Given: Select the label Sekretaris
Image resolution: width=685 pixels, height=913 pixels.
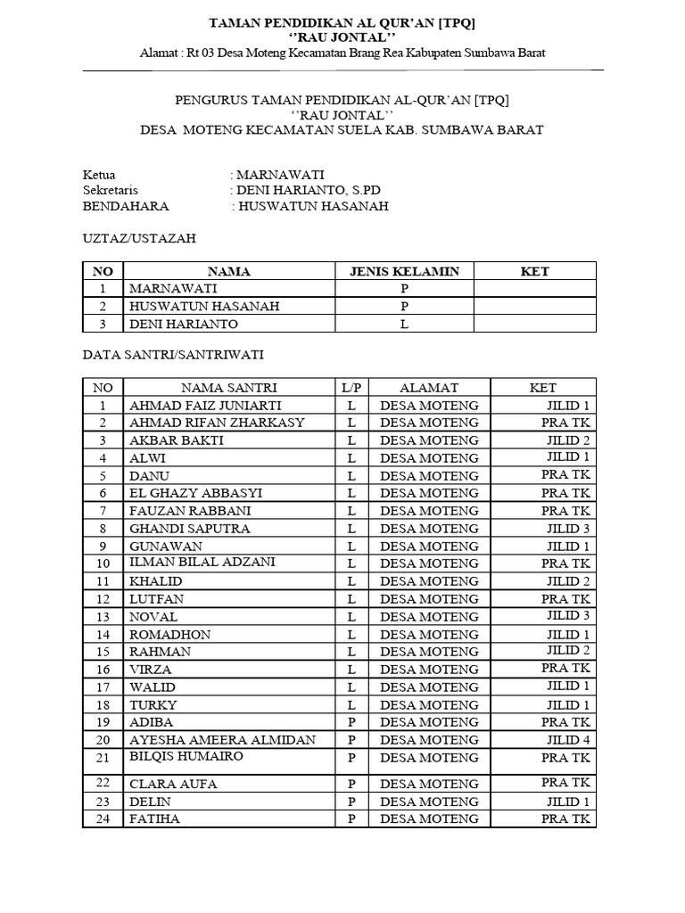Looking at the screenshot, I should (x=111, y=190).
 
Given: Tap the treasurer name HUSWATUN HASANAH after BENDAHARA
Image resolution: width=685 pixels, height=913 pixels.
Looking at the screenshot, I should (x=312, y=206).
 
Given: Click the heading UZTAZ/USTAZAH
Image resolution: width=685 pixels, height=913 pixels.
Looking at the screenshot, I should (x=139, y=238).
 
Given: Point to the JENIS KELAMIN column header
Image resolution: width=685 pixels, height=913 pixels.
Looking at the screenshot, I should (x=404, y=271).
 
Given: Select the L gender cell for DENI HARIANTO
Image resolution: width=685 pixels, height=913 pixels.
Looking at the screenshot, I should (x=404, y=324).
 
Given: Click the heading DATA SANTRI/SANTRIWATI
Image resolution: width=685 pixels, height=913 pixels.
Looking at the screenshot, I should (x=173, y=354).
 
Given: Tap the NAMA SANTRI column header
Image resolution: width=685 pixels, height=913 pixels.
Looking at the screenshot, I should (x=229, y=387).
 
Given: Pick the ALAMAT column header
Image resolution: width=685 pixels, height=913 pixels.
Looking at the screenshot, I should (x=429, y=387).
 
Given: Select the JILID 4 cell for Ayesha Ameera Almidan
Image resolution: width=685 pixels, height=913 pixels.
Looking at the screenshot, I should (x=568, y=739).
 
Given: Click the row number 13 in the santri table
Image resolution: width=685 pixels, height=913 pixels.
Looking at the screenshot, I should (x=103, y=616).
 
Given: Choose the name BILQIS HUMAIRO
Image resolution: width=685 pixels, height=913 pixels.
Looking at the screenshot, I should (x=186, y=756).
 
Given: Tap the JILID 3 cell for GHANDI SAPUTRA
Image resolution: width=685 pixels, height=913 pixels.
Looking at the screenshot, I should (x=568, y=528).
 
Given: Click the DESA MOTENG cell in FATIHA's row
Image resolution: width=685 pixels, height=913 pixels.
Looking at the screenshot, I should (x=429, y=818).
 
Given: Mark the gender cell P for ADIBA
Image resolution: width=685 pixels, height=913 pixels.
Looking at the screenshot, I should (x=351, y=721).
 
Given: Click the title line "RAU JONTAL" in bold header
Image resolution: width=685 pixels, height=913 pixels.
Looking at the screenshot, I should (x=342, y=37).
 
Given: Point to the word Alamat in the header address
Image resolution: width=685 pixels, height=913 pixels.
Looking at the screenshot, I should (x=159, y=53).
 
